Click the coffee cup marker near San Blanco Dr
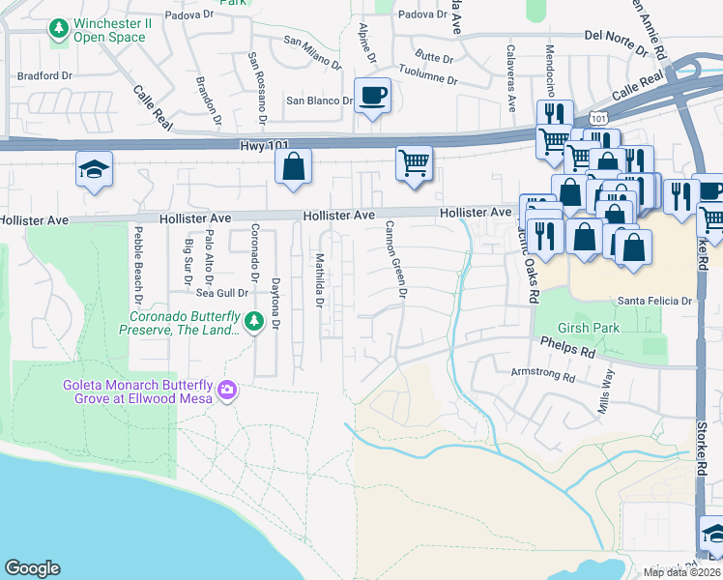coord(372,96)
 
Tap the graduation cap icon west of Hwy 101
coord(95,169)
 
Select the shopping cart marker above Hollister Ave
coord(414,162)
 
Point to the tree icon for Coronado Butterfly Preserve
coord(254,321)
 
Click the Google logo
coord(32,568)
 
